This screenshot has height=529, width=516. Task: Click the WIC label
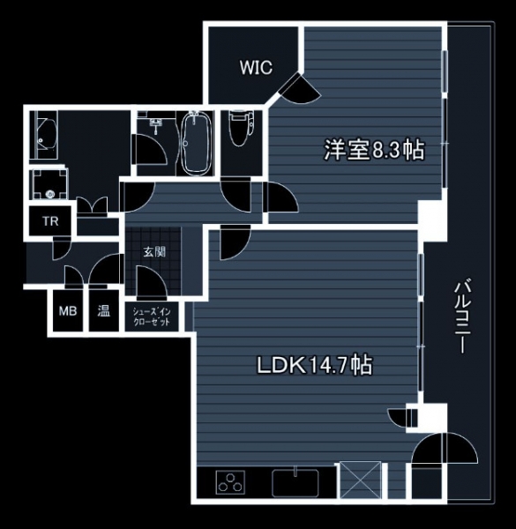[x=256, y=67]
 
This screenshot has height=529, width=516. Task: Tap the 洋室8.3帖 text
[x=374, y=150]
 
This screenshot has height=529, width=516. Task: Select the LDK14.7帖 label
[x=315, y=365]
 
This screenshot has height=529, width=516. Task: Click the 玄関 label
[x=154, y=251]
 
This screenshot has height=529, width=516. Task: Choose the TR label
[x=50, y=221]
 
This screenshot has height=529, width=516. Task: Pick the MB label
[x=68, y=310]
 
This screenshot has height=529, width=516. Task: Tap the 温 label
[x=103, y=310]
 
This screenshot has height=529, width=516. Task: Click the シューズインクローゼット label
[x=152, y=317]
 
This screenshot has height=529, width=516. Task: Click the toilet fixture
[x=241, y=128]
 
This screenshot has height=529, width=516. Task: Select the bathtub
[x=195, y=143]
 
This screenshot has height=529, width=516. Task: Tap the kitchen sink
[x=295, y=481]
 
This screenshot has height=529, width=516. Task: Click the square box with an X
[x=361, y=480]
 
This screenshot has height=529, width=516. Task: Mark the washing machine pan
[x=49, y=184]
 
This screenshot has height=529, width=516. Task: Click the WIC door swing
[x=299, y=87]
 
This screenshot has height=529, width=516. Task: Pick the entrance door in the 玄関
[x=152, y=283]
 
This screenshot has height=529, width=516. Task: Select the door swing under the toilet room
[x=236, y=195]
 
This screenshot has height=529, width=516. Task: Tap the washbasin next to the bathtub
[x=155, y=123]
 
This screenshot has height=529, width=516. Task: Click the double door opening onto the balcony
[x=445, y=449]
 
